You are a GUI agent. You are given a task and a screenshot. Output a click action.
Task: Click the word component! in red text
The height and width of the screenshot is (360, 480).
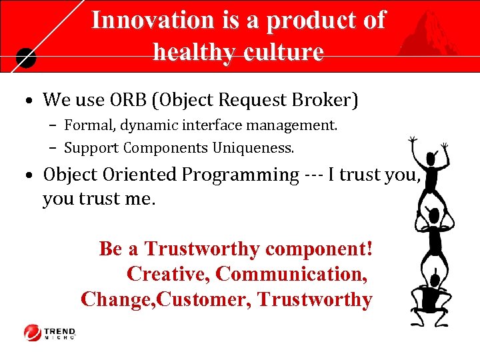(x=319, y=249)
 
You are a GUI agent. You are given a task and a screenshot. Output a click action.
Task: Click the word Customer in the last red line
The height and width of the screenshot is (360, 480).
(x=204, y=299)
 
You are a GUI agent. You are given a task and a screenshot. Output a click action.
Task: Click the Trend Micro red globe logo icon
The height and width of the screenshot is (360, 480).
(x=32, y=332)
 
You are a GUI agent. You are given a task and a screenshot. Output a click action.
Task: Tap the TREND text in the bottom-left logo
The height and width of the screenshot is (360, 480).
(x=60, y=330)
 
